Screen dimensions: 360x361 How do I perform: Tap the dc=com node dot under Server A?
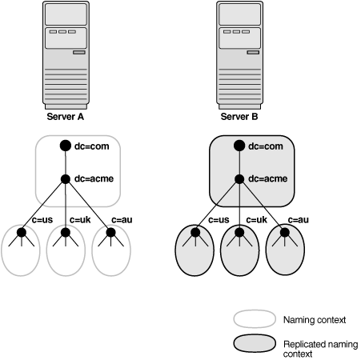66,146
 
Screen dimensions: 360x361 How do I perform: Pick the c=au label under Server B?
297,219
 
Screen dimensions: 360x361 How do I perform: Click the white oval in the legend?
254,319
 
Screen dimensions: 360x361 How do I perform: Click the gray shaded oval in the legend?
254,345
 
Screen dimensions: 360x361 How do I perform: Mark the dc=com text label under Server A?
92,146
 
